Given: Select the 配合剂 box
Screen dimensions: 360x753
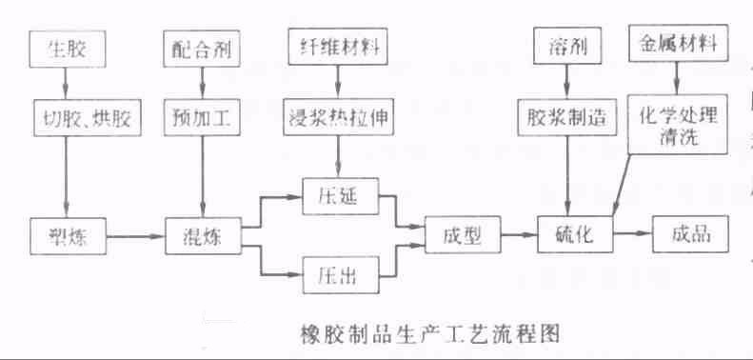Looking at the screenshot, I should [202, 45].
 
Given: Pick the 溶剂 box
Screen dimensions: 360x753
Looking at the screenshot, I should [566, 45].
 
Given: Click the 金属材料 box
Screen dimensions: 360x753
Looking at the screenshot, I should [677, 45].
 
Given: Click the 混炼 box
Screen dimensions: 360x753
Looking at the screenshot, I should [202, 234].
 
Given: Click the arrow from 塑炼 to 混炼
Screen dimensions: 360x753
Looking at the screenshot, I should [134, 234].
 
